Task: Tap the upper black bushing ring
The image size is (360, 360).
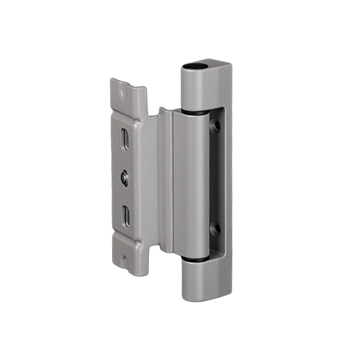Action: (x=194, y=112)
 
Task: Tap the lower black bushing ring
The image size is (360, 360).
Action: (x=196, y=259)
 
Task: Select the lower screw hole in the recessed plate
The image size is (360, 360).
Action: (x=216, y=229)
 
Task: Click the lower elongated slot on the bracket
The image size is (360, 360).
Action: (x=127, y=217)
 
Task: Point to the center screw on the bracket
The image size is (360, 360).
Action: (x=124, y=178)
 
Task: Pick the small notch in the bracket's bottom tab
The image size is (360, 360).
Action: (x=126, y=260)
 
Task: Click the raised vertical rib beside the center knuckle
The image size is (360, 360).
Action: (x=166, y=180)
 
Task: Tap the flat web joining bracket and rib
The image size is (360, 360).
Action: (x=148, y=180)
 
